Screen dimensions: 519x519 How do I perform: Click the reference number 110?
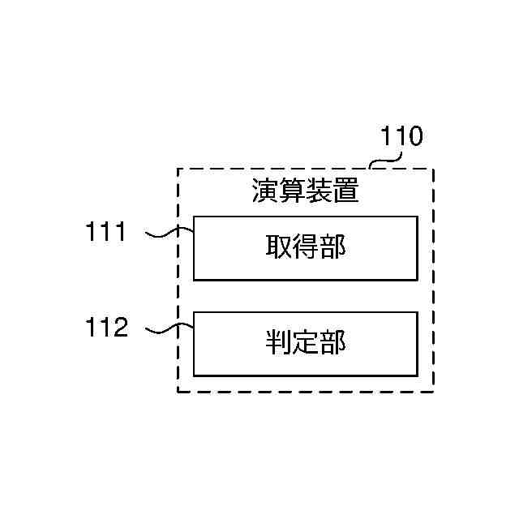pyautogui.click(x=401, y=136)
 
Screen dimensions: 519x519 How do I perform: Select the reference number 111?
pyautogui.click(x=106, y=232)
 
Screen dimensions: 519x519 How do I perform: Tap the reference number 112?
pyautogui.click(x=106, y=328)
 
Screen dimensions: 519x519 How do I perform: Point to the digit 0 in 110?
pyautogui.click(x=414, y=136)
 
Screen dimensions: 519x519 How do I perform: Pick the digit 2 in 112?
pyautogui.click(x=119, y=328)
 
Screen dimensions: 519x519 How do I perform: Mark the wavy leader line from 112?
pyautogui.click(x=169, y=330)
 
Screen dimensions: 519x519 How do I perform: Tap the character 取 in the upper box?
pyautogui.click(x=278, y=247)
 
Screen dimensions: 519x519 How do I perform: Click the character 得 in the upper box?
pyautogui.click(x=306, y=247)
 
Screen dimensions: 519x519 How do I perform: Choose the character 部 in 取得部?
pyautogui.click(x=332, y=247)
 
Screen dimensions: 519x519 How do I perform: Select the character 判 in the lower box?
pyautogui.click(x=278, y=343)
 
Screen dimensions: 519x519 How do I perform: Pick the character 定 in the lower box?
pyautogui.click(x=306, y=343)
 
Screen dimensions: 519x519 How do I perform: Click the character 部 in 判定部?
pyautogui.click(x=332, y=343)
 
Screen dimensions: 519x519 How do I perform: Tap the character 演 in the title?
pyautogui.click(x=264, y=193)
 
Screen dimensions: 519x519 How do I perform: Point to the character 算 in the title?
pyautogui.click(x=292, y=193)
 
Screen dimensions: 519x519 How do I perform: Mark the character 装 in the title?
pyautogui.click(x=319, y=193)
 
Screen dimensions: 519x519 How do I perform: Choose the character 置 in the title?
pyautogui.click(x=345, y=193)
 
